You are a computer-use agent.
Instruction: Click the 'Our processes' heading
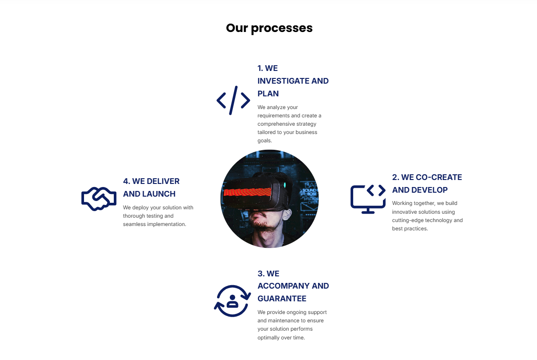point(269,28)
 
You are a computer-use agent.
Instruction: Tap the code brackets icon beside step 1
point(233,100)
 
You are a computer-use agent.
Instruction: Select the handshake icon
point(99,199)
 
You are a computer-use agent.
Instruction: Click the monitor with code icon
point(368,199)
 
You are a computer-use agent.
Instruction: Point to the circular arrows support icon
point(232,301)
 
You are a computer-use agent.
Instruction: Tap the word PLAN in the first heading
point(268,94)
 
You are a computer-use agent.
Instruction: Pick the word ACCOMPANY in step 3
point(283,286)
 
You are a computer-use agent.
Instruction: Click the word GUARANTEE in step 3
point(282,299)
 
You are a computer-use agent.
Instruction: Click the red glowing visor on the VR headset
point(247,192)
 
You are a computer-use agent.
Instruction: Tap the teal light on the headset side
point(285,185)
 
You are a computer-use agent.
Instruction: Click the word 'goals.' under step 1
point(265,141)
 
